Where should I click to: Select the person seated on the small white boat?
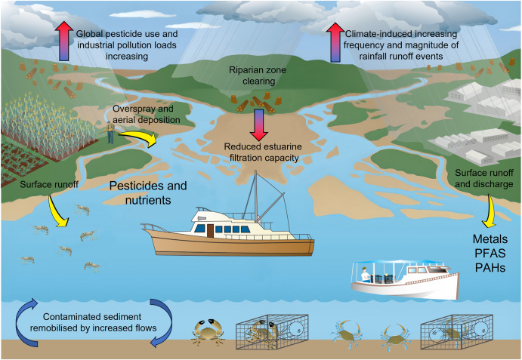[366, 277]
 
